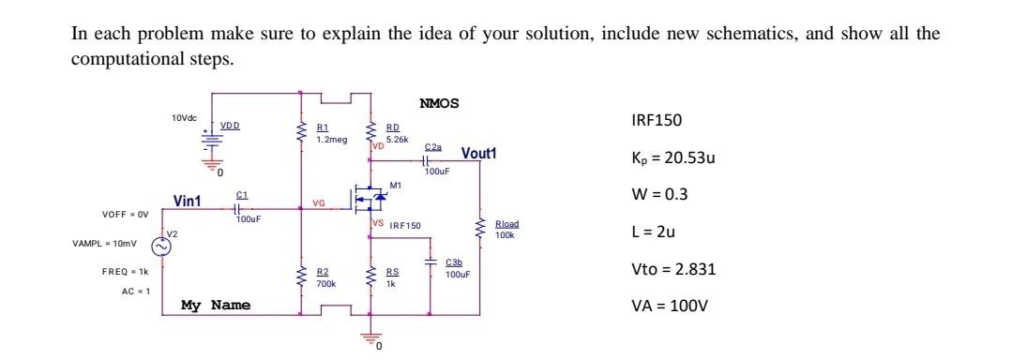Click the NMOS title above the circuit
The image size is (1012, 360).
440,102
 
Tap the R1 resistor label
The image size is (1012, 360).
322,127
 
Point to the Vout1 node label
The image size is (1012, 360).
478,154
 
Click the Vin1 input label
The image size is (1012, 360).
189,200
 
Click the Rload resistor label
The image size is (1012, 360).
506,224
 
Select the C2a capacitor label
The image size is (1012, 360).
432,147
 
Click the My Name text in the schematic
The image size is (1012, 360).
216,305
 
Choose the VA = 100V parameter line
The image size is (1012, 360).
670,306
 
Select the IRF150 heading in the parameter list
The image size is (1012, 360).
657,121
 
